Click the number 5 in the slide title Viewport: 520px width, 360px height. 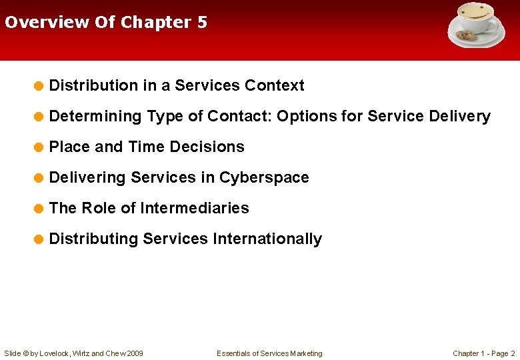(x=202, y=22)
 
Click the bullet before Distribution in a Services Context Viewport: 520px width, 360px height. (x=39, y=86)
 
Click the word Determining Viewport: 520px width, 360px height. (x=95, y=117)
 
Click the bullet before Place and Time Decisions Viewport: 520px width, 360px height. (x=39, y=147)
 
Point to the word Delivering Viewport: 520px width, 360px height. (x=87, y=178)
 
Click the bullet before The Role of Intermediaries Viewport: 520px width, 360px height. (x=39, y=209)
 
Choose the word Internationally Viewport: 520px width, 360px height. (x=267, y=239)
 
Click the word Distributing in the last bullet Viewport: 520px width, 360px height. (x=93, y=239)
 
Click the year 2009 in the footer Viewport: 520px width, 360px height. (x=134, y=353)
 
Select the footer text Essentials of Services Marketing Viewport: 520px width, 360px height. (x=269, y=353)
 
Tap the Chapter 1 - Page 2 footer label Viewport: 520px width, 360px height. (x=483, y=353)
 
